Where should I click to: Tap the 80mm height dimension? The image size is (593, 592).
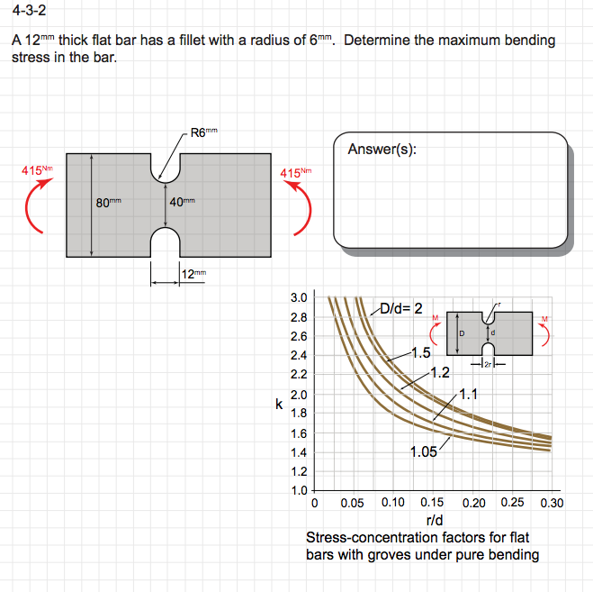[x=109, y=202]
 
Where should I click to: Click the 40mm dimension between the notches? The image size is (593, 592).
[x=182, y=202]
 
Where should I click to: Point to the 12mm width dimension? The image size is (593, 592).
[x=193, y=274]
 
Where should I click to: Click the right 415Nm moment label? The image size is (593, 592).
[x=296, y=172]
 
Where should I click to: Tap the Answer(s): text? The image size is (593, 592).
[x=382, y=149]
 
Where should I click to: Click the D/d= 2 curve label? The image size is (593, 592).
[x=400, y=308]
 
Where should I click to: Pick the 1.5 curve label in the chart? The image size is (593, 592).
[x=419, y=352]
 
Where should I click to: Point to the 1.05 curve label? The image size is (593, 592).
[x=425, y=452]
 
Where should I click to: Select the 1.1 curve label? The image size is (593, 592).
[x=468, y=393]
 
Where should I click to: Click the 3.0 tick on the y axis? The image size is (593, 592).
[x=299, y=298]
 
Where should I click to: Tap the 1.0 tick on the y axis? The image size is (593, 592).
[x=299, y=491]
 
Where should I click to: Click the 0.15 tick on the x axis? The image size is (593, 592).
[x=432, y=503]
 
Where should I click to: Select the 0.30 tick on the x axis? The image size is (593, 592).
[x=550, y=503]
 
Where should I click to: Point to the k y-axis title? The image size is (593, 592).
[x=280, y=405]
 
